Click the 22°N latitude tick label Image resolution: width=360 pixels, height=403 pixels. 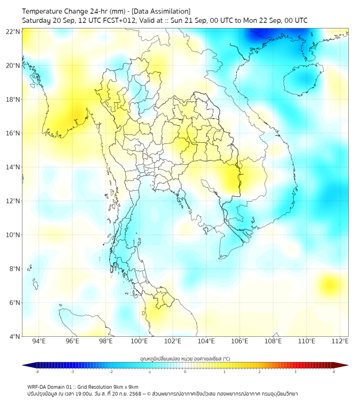(x=13, y=31)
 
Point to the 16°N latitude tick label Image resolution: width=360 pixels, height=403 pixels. (x=13, y=133)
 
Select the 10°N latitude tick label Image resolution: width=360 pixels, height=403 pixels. (x=13, y=235)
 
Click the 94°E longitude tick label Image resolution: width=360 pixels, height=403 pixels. (x=39, y=341)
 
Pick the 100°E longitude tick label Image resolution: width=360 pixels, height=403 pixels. (x=139, y=341)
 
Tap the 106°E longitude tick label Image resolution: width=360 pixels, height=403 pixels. (x=240, y=341)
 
